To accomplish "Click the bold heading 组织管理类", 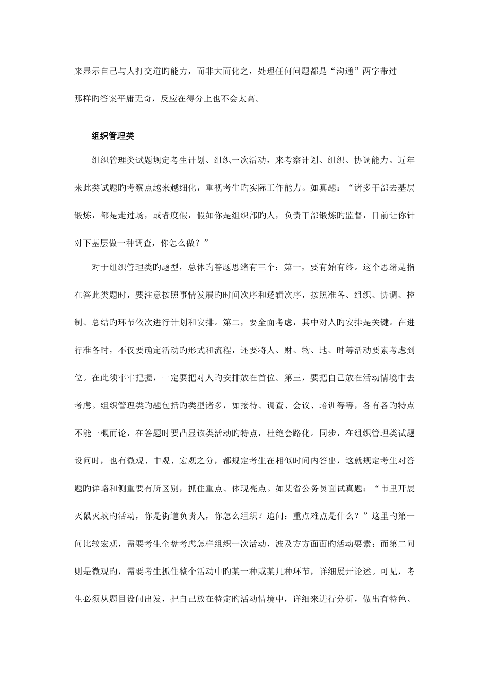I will tap(113, 136).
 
